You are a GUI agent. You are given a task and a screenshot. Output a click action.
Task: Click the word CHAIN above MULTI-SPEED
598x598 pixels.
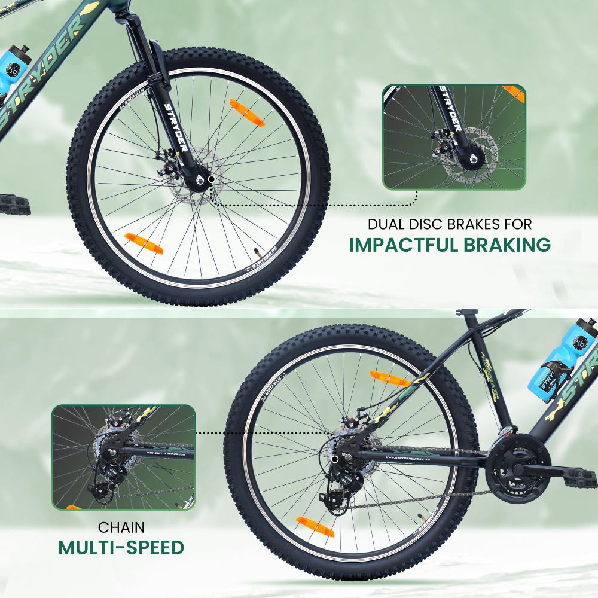[121, 528]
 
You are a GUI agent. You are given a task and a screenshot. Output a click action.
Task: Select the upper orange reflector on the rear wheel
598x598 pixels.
[389, 379]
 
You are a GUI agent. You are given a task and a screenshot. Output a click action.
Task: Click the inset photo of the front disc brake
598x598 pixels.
[454, 137]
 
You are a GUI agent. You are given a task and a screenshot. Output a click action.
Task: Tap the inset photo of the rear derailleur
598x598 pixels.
[123, 457]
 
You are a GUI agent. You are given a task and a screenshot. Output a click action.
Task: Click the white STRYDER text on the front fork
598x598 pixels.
[175, 127]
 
